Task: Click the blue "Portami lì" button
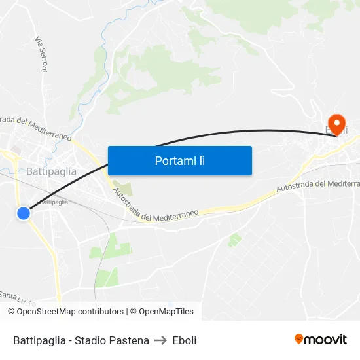179,160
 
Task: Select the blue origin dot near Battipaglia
24,213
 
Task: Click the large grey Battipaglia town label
52,171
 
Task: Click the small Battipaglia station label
54,202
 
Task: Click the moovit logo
320,339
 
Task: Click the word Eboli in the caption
185,340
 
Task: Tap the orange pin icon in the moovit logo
299,339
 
